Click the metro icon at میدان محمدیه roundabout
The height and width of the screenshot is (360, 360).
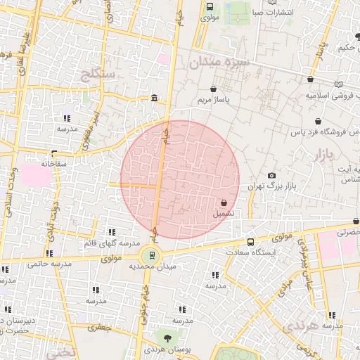(x=153, y=255)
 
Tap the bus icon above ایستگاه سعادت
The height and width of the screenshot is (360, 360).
(x=251, y=242)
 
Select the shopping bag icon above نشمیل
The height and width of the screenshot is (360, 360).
(x=224, y=202)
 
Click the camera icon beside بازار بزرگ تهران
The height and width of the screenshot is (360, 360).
(x=272, y=175)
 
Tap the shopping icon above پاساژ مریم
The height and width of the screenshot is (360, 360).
(x=213, y=89)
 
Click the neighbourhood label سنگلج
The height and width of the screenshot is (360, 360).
(x=102, y=72)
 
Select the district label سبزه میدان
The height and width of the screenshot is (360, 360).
(x=218, y=63)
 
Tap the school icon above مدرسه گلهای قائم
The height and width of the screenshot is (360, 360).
(x=111, y=232)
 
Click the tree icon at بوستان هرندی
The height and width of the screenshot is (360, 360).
(x=167, y=339)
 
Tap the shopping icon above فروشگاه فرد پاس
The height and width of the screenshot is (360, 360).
(x=318, y=121)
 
